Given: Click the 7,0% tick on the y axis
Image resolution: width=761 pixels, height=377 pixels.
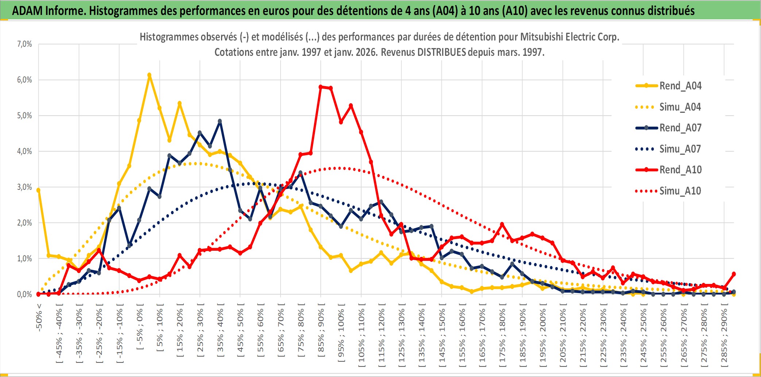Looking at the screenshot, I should click(x=24, y=44).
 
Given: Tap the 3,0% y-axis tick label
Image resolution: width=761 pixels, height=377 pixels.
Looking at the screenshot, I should click(x=24, y=187).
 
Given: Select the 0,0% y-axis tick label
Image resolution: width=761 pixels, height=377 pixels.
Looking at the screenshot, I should click(x=24, y=294).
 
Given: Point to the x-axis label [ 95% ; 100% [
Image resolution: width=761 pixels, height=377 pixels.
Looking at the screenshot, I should click(x=341, y=336).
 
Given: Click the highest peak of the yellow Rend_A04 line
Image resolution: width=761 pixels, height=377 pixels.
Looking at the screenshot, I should click(x=149, y=75).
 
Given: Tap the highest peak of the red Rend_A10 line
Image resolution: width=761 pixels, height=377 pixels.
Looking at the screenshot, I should click(x=321, y=87).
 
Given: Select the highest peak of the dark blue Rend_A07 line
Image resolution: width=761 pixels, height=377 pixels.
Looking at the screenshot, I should click(x=220, y=121).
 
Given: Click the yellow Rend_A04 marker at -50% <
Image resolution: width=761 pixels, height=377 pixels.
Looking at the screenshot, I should click(x=38, y=190).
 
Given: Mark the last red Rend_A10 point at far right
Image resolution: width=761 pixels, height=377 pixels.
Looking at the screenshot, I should click(x=734, y=274).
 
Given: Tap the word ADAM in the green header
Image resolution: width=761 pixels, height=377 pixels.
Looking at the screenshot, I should click(x=27, y=11).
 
